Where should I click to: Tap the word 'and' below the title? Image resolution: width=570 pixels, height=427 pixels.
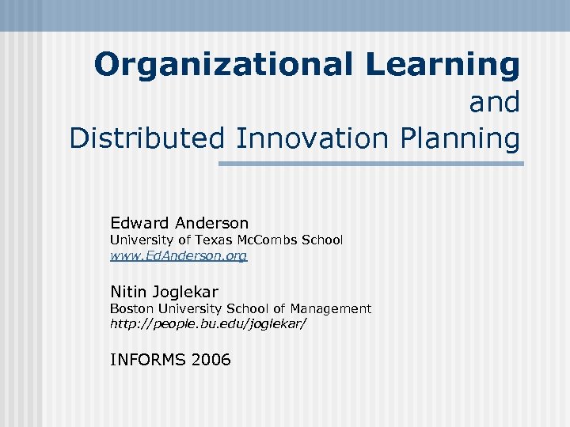coord(494,102)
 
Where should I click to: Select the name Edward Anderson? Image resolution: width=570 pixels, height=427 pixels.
coord(179,223)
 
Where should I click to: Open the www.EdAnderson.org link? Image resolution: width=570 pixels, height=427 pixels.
coord(178,256)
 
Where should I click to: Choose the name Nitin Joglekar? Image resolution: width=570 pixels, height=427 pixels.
coord(164,291)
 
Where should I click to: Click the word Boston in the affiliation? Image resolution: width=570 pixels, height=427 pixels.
coord(131,308)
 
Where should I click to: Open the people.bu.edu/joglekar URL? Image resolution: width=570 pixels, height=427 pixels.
coord(207,324)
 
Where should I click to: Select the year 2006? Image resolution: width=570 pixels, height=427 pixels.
coord(211,360)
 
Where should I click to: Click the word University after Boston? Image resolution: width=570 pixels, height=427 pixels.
coord(184,308)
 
